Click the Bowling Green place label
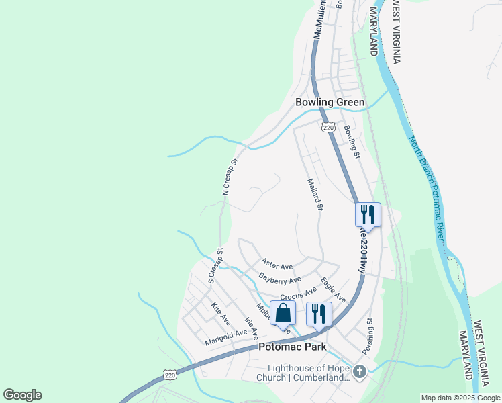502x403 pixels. point(330,103)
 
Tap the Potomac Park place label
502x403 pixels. point(293,347)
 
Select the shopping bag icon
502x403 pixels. point(283,314)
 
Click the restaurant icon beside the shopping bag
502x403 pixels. point(319,314)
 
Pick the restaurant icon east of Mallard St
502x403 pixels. point(368,215)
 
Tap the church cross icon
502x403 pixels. point(360,371)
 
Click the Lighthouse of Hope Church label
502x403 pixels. point(309,373)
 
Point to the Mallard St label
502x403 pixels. point(315,194)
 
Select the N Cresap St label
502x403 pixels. point(230,177)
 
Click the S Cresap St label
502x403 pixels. point(215,266)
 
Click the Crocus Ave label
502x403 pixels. point(298,293)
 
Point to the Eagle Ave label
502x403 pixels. point(333,289)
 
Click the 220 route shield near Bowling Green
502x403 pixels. point(328,127)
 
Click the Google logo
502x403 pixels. point(22,395)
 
